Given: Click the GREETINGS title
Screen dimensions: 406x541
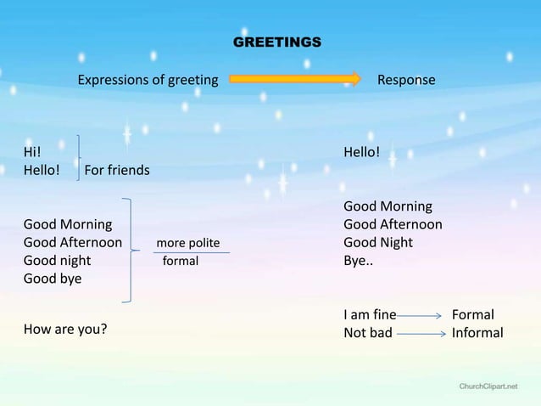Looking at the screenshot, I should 276,42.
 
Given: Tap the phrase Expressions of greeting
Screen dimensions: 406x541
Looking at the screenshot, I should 148,81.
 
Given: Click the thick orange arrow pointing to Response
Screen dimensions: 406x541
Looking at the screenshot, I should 295,80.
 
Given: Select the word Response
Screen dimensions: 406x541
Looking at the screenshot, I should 406,81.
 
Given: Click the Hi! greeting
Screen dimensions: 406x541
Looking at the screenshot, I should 31,152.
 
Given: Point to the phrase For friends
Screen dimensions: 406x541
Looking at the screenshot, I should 117,170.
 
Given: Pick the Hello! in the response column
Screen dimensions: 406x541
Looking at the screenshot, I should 361,152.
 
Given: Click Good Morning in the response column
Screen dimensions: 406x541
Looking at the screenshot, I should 388,206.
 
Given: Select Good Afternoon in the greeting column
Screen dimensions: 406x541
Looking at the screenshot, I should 73,243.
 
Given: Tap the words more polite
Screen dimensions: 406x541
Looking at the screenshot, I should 187,244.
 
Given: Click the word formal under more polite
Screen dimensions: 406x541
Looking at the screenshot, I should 181,261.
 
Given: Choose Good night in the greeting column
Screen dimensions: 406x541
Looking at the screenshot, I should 57,261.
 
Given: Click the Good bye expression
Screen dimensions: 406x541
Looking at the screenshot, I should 53,279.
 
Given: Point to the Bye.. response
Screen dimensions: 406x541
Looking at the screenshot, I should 358,261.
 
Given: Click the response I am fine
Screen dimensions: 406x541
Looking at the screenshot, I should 370,315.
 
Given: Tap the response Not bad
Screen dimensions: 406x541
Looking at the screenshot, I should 368,333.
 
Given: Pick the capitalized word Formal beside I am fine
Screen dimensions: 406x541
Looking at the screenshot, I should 472,315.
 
